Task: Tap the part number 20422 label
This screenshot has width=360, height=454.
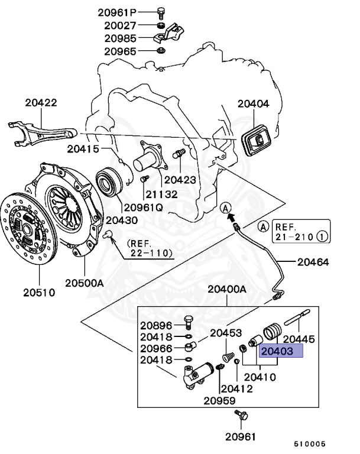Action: [41, 102]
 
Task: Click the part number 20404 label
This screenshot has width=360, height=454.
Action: [253, 103]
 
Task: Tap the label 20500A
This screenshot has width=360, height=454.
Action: [84, 283]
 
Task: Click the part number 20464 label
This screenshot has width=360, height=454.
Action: [313, 261]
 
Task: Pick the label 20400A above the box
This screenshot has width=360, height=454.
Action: [226, 289]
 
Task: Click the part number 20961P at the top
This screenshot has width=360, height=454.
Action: [120, 12]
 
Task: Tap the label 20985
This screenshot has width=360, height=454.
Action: [121, 38]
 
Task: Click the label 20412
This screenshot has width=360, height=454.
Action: [236, 388]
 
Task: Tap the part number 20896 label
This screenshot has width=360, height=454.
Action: [156, 325]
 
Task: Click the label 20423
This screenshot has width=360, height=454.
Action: [180, 179]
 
